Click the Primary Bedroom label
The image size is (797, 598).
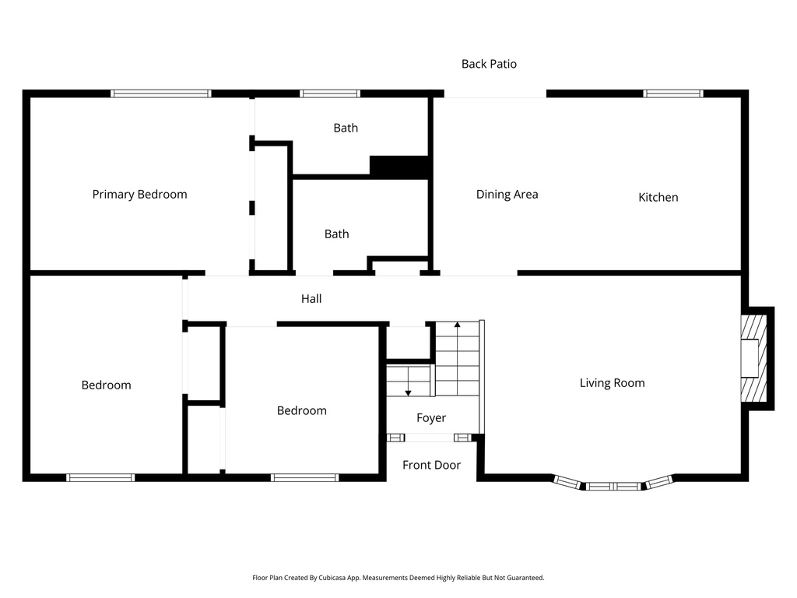coord(139,195)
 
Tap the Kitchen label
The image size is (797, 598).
coord(658,198)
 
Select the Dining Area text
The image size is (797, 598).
coord(507,195)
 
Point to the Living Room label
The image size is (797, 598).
coord(612,383)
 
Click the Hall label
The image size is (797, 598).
coord(311,299)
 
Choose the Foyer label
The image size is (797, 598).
coord(431,418)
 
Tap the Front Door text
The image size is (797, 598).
coord(431,466)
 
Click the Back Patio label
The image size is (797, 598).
coord(489,65)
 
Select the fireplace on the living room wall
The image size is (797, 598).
coord(753,357)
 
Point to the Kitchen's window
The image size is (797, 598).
coord(672,93)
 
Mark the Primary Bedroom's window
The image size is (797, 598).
coord(161,93)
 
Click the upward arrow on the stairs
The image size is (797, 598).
coord(458,325)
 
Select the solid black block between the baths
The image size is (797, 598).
coord(400,167)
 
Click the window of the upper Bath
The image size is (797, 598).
coord(330,93)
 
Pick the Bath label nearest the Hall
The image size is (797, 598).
coord(336,234)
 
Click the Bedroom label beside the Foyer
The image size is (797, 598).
coord(302,411)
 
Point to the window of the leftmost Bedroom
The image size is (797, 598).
coord(100,477)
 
